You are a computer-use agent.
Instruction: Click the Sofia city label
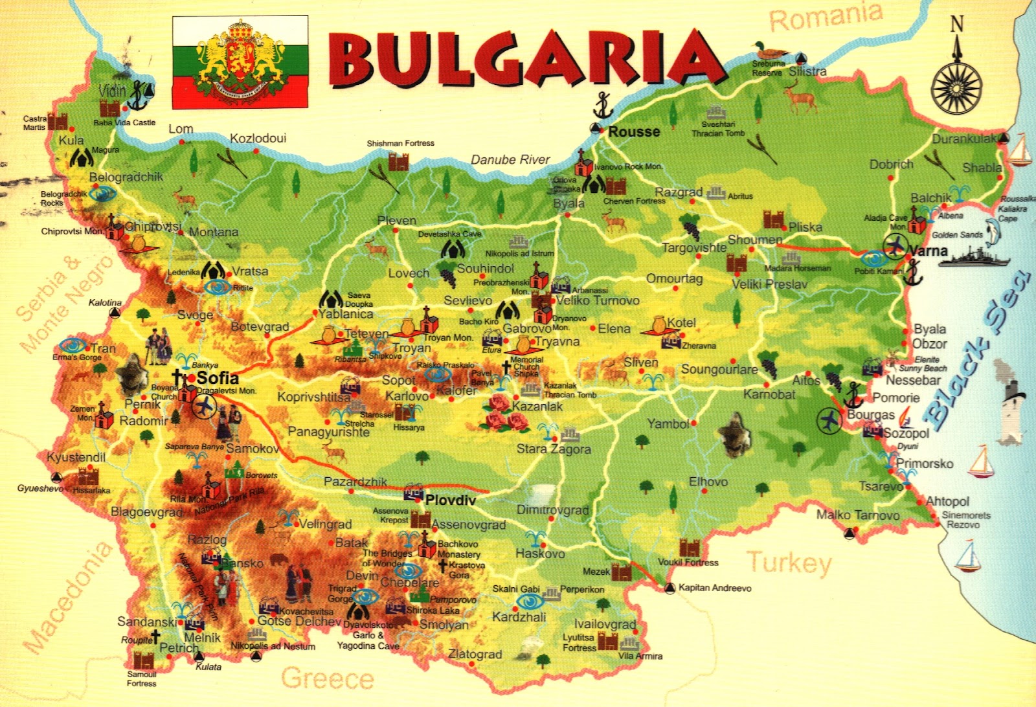tap(218, 378)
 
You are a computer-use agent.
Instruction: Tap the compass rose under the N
tap(956, 87)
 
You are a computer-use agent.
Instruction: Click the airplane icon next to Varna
tap(895, 246)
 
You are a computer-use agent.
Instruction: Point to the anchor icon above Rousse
tap(603, 105)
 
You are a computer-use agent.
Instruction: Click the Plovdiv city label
tap(451, 500)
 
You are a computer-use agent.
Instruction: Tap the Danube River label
tap(510, 159)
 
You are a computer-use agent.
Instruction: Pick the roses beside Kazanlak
tap(504, 414)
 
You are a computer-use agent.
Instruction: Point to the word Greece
tap(328, 679)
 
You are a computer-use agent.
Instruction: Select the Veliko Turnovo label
tap(597, 300)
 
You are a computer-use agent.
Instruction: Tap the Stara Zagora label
tap(554, 449)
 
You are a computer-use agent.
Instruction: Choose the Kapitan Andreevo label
tap(715, 588)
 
